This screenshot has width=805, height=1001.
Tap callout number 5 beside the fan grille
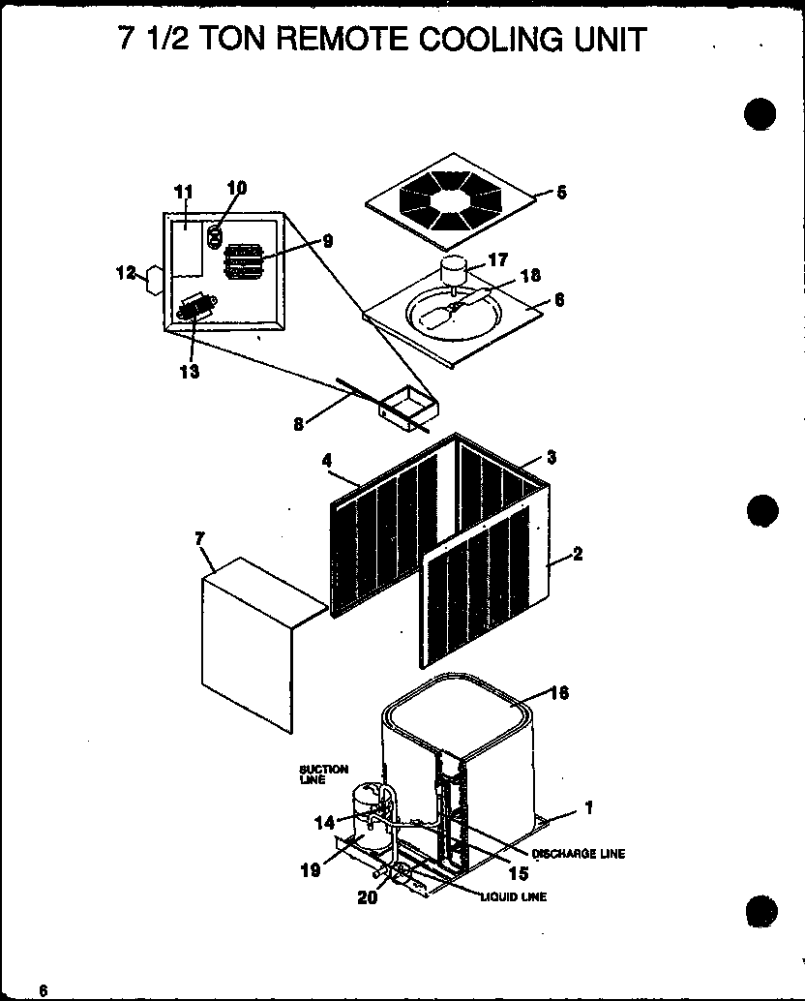(x=561, y=192)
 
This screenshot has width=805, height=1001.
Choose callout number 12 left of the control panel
(x=126, y=274)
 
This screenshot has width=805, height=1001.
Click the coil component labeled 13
(x=195, y=309)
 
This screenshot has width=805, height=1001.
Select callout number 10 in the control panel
(x=238, y=188)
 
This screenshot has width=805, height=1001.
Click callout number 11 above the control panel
(x=184, y=193)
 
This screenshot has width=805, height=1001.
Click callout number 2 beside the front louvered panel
(x=577, y=554)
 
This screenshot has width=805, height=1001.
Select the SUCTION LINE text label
(x=323, y=774)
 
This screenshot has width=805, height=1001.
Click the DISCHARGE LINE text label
(x=578, y=853)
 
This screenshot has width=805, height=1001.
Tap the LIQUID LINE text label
(x=513, y=896)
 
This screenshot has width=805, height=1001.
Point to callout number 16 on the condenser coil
(x=559, y=692)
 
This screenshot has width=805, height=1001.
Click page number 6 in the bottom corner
(x=43, y=988)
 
